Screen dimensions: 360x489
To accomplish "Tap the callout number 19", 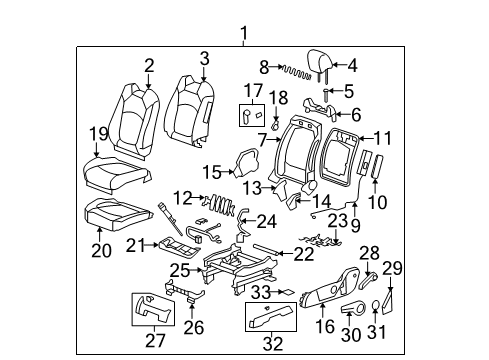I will click(x=98, y=134).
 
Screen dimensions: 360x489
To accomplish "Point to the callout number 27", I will click(x=154, y=339).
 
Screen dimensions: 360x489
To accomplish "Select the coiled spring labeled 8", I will click(x=294, y=72).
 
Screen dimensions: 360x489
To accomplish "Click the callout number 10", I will click(x=376, y=203).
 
